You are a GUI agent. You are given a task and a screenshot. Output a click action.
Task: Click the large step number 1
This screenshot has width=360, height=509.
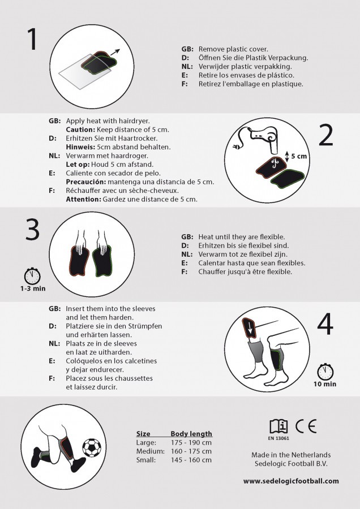pyautogui.click(x=32, y=38)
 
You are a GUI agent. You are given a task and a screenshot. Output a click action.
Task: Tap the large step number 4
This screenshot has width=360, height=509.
pyautogui.click(x=325, y=323)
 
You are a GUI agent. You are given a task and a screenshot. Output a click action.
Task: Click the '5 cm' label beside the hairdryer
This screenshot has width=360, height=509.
pyautogui.click(x=299, y=156)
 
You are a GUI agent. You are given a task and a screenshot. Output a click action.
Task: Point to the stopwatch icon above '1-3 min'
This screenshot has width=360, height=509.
pyautogui.click(x=32, y=276)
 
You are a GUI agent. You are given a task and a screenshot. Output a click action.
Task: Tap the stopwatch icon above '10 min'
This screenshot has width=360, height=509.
pyautogui.click(x=325, y=372)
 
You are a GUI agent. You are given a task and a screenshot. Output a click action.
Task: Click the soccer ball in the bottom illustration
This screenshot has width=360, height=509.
pyautogui.click(x=92, y=448)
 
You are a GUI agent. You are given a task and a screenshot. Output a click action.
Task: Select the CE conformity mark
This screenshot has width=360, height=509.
pyautogui.click(x=306, y=426)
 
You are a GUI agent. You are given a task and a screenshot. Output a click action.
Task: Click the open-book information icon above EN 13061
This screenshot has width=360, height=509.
pyautogui.click(x=278, y=426)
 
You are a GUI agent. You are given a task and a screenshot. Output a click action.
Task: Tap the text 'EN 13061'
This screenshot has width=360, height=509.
pyautogui.click(x=278, y=438)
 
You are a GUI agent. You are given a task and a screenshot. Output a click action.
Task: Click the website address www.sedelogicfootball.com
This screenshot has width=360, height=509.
pyautogui.click(x=291, y=481)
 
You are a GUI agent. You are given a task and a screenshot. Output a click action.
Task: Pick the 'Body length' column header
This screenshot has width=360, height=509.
pyautogui.click(x=191, y=434)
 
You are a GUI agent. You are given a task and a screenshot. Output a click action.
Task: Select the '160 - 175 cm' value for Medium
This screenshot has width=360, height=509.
pyautogui.click(x=191, y=451)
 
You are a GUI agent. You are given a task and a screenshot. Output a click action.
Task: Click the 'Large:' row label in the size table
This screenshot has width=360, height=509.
pyautogui.click(x=146, y=443)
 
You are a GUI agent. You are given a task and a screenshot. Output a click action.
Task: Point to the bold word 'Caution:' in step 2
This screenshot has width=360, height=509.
pyautogui.click(x=80, y=130)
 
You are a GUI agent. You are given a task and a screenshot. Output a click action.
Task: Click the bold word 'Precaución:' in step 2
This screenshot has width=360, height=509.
pyautogui.click(x=86, y=182)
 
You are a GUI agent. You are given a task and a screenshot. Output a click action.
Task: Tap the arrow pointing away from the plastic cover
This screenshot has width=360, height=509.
pyautogui.click(x=115, y=52)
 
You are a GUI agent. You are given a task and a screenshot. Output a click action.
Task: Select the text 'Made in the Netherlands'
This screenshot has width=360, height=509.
pyautogui.click(x=291, y=455)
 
